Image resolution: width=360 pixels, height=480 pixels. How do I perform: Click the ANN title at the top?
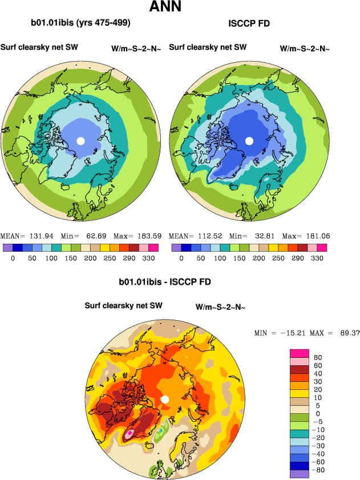pyautogui.click(x=165, y=7)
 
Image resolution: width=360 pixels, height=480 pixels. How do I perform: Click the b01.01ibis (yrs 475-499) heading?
pyautogui.click(x=80, y=23)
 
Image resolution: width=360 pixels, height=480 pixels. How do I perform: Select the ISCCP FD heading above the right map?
pyautogui.click(x=249, y=23)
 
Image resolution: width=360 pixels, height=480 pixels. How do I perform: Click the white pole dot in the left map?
pyautogui.click(x=80, y=140)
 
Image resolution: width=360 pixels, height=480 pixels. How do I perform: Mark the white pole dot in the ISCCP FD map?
pyautogui.click(x=249, y=140)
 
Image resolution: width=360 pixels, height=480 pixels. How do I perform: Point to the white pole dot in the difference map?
pyautogui.click(x=165, y=400)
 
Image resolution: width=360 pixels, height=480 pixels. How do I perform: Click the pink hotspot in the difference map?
pyautogui.click(x=130, y=433)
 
